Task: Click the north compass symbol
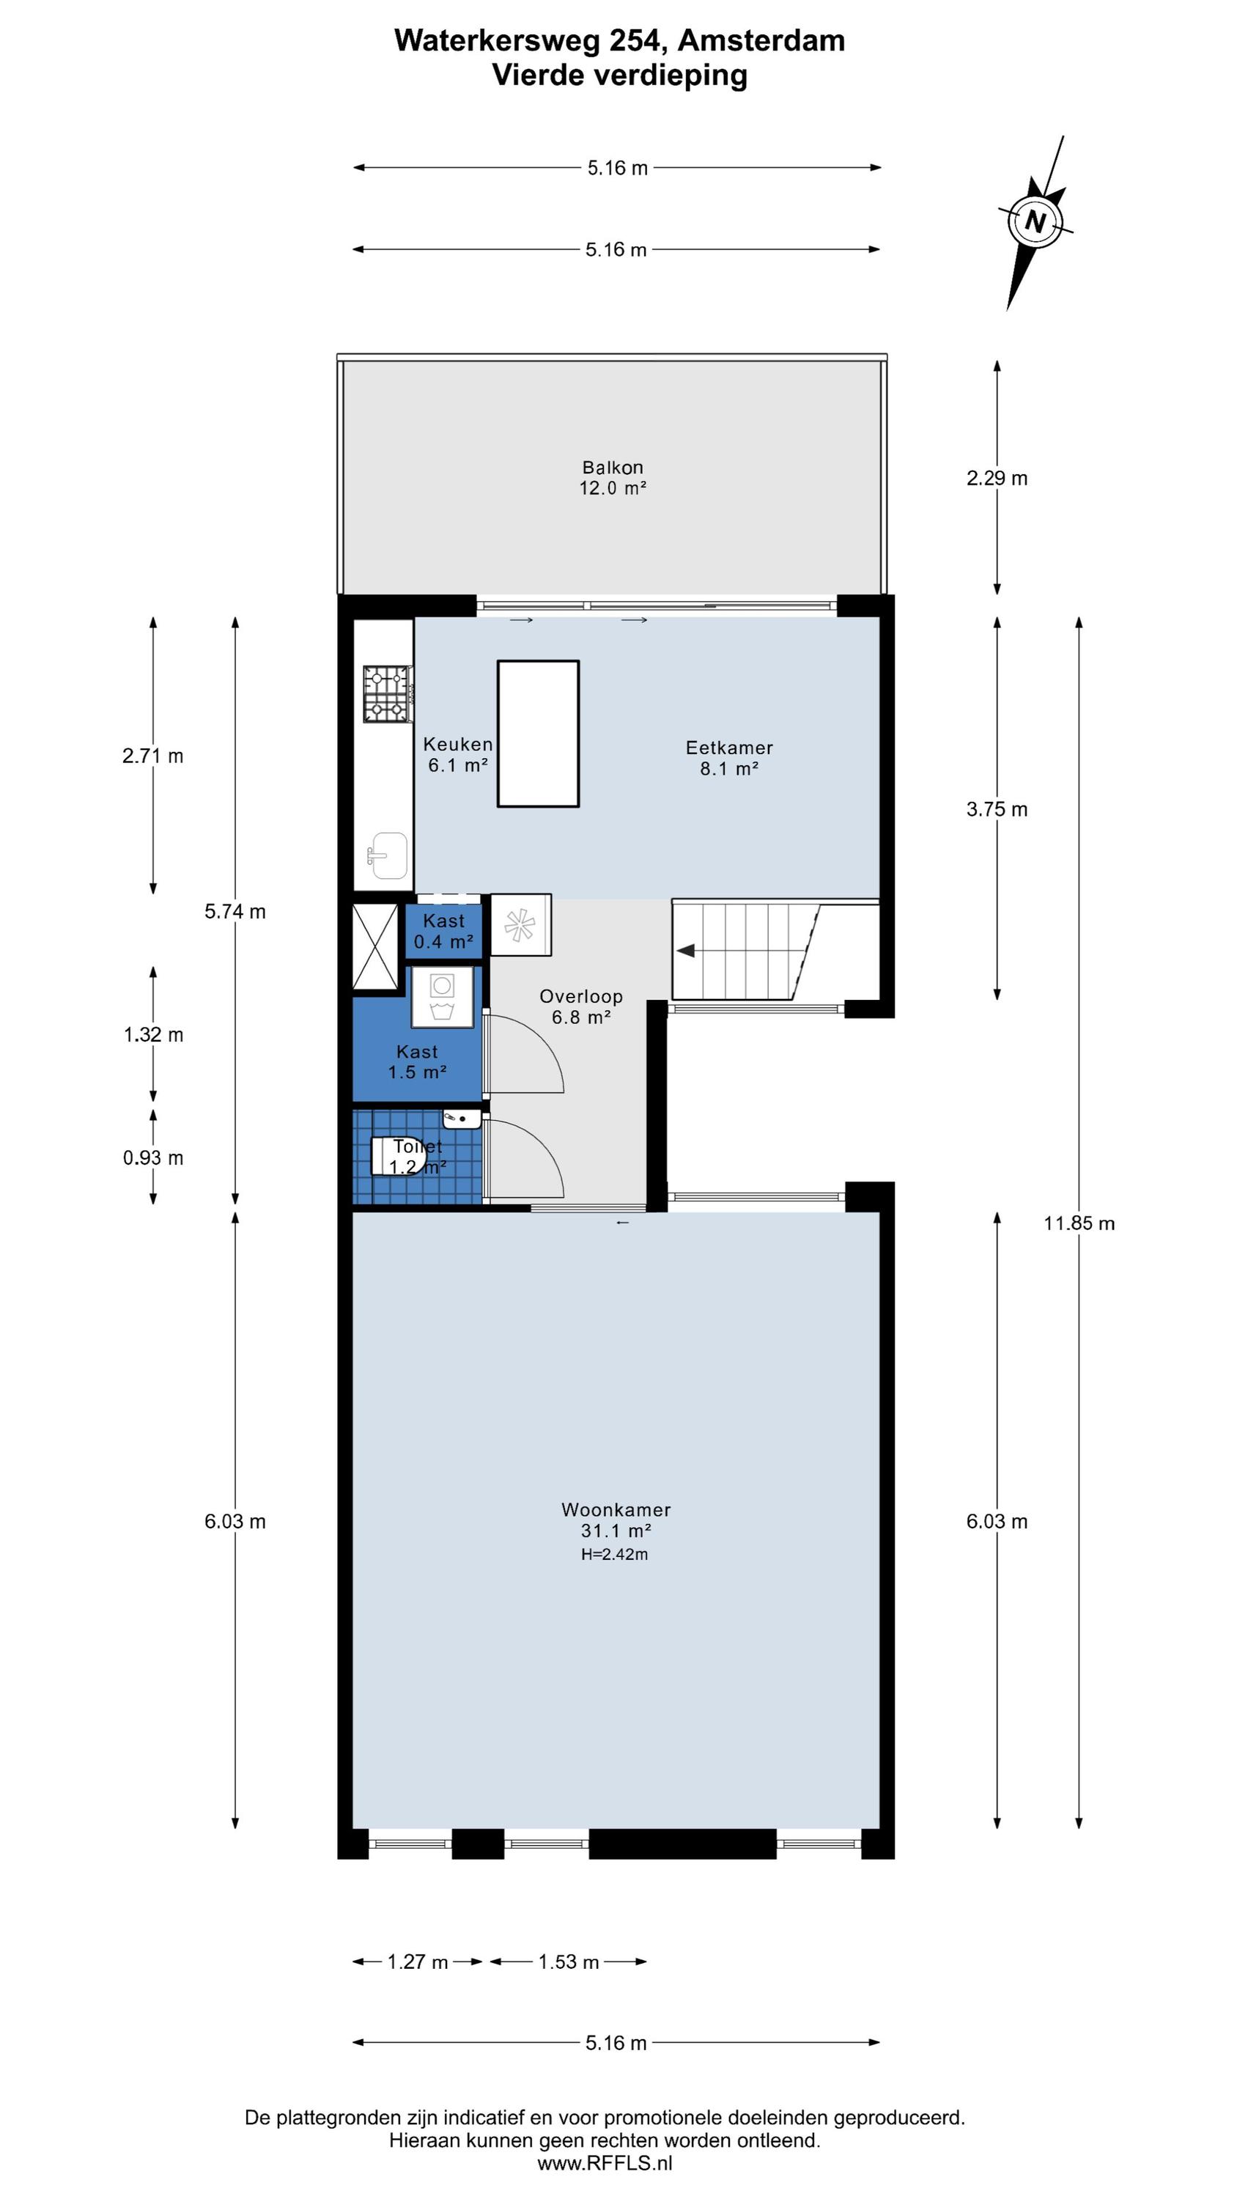1035,222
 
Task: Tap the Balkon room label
612,467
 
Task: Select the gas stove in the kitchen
388,694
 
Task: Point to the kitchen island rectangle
538,733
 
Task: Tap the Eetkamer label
729,748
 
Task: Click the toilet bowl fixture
398,1156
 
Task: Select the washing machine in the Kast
442,997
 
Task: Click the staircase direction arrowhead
685,950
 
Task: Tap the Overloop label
580,996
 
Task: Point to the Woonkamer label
616,1509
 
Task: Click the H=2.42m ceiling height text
615,1555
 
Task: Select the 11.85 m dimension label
1079,1223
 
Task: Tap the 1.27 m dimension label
418,1962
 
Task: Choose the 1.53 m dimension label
568,1962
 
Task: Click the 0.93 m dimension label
153,1157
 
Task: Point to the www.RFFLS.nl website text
605,2162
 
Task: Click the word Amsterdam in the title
761,40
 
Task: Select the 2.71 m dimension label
153,756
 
